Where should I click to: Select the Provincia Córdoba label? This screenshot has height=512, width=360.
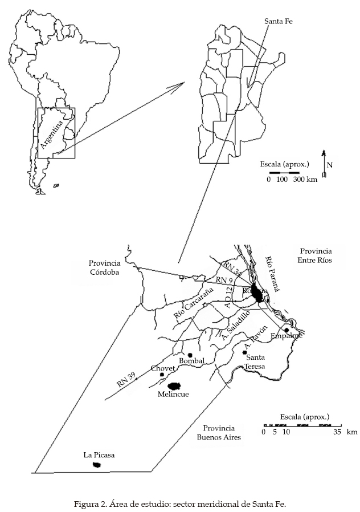click(x=104, y=267)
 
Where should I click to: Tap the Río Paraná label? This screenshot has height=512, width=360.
click(x=273, y=274)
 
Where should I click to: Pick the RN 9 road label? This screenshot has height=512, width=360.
click(x=224, y=280)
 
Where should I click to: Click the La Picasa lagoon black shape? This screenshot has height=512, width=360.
click(x=97, y=465)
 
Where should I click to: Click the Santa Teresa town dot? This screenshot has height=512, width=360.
click(x=245, y=352)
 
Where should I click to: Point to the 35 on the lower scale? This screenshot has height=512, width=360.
click(x=336, y=432)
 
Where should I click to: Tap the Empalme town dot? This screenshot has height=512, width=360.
click(x=287, y=330)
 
